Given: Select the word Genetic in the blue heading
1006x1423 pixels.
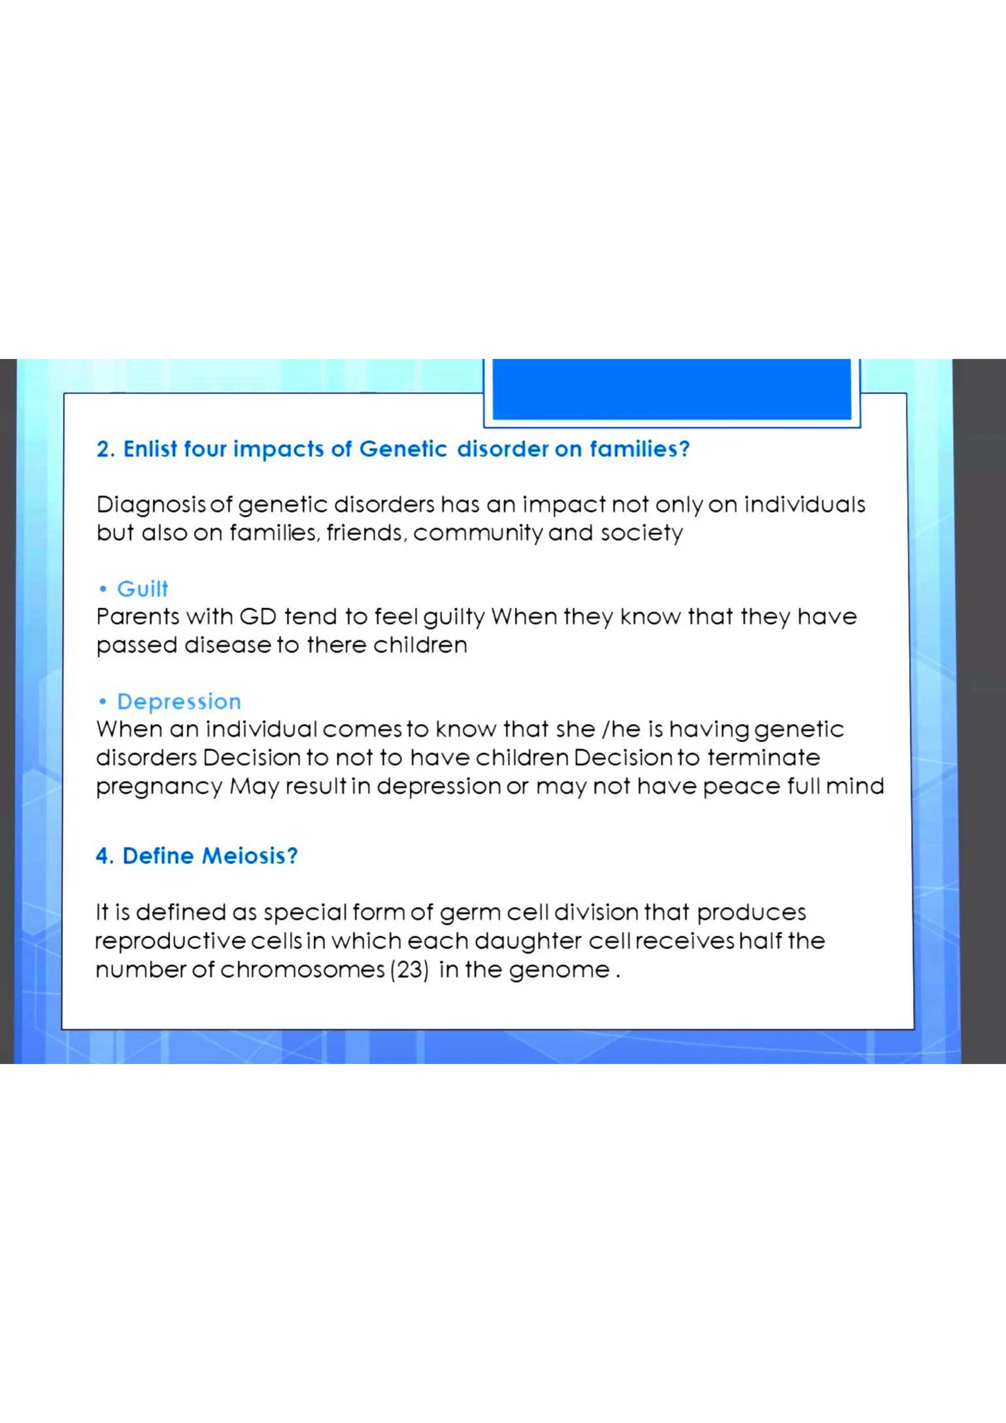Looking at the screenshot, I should click(403, 449).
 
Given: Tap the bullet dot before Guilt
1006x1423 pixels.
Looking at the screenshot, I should click(103, 589).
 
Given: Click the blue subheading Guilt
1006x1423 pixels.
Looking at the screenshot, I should click(142, 589).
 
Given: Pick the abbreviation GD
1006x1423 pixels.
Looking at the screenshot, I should click(258, 617).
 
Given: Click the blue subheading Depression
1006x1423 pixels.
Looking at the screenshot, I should click(179, 702).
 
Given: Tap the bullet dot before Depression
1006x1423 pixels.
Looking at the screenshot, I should click(103, 702).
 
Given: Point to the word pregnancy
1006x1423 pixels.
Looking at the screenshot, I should click(159, 787).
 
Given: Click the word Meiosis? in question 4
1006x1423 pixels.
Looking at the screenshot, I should click(250, 856).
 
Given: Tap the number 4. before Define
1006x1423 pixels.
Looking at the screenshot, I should click(105, 856).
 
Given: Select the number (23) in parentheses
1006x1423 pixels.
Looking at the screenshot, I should click(409, 969).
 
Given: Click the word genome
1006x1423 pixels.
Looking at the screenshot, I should click(559, 969).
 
